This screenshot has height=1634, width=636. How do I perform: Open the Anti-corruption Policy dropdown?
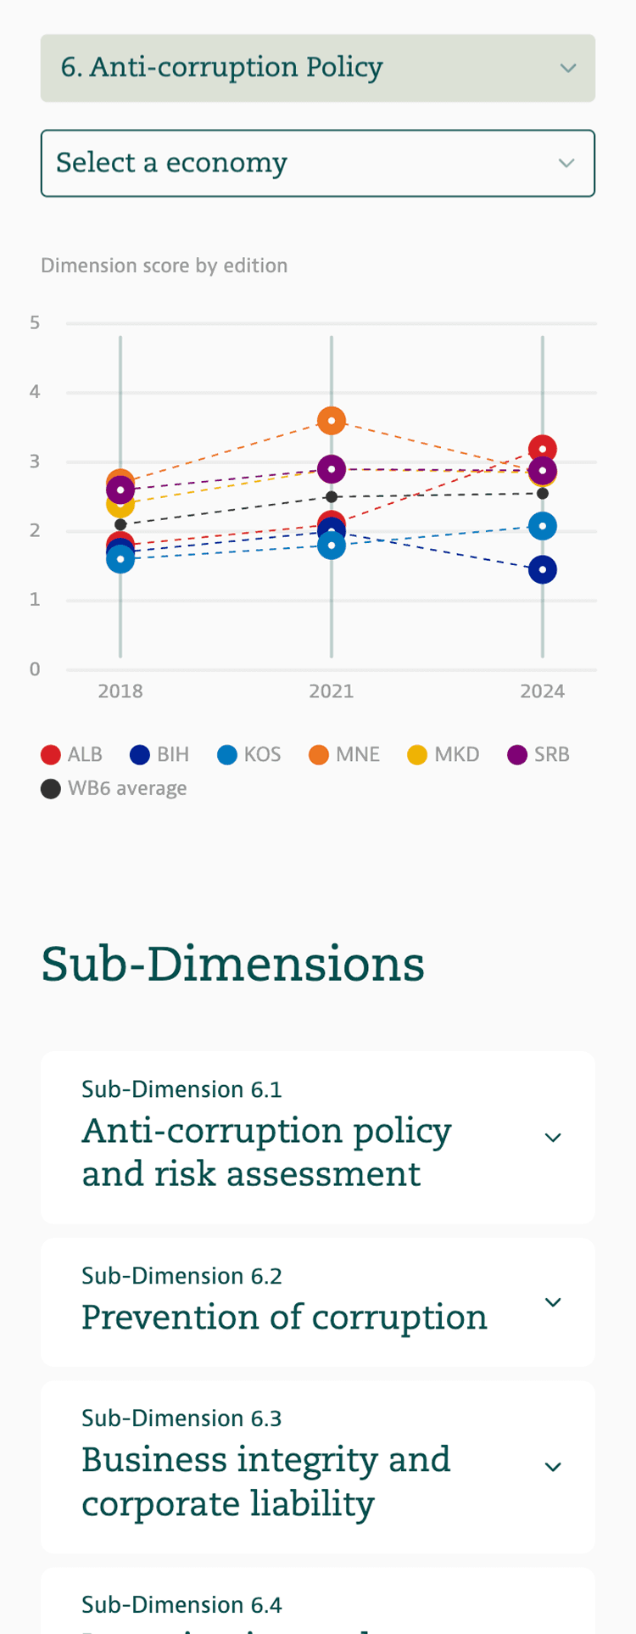coord(318,68)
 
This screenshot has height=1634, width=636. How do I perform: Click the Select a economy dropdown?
coord(318,163)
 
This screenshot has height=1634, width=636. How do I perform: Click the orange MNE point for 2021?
coord(332,420)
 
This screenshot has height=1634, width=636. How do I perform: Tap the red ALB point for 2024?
coord(543,449)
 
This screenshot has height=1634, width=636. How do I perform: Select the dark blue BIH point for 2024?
coord(543,569)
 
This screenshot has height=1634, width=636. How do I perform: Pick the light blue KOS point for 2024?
coord(543,526)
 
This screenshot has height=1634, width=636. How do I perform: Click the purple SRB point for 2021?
coord(332,468)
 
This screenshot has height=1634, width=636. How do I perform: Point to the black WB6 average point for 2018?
coord(120,524)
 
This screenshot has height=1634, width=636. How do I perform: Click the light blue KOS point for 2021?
coord(332,545)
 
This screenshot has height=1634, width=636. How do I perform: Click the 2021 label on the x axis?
coord(332,691)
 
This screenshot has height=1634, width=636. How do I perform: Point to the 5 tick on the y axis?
coord(35,322)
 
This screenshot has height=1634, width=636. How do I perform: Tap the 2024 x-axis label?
coord(543,691)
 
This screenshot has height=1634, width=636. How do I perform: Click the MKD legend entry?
coord(444,754)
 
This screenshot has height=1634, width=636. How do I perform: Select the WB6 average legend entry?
coord(114,788)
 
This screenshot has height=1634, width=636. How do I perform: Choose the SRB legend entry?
coord(538,754)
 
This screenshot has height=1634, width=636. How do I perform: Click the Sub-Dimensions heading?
coord(233,964)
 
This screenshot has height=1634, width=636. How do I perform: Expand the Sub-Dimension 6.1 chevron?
coord(553,1138)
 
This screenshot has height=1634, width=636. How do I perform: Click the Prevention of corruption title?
coord(284,1317)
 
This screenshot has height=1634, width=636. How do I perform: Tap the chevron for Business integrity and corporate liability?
coord(553,1467)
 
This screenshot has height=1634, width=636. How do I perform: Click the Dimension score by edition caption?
coord(165,266)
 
